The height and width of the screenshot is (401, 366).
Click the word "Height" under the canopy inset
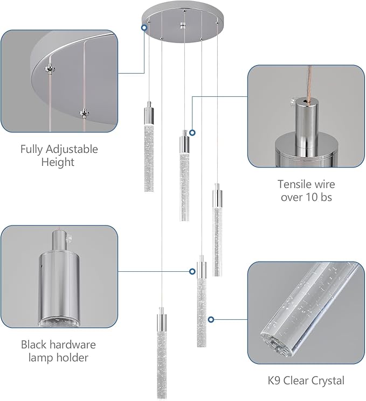coord(58,161)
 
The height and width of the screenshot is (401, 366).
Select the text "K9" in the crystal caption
coord(275,381)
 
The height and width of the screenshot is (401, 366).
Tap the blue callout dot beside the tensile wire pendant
coord(192,132)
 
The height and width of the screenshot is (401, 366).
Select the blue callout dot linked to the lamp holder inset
coord(192,272)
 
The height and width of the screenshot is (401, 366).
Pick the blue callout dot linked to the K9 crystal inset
coord(211,319)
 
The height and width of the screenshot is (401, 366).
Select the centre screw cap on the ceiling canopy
coord(184,25)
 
